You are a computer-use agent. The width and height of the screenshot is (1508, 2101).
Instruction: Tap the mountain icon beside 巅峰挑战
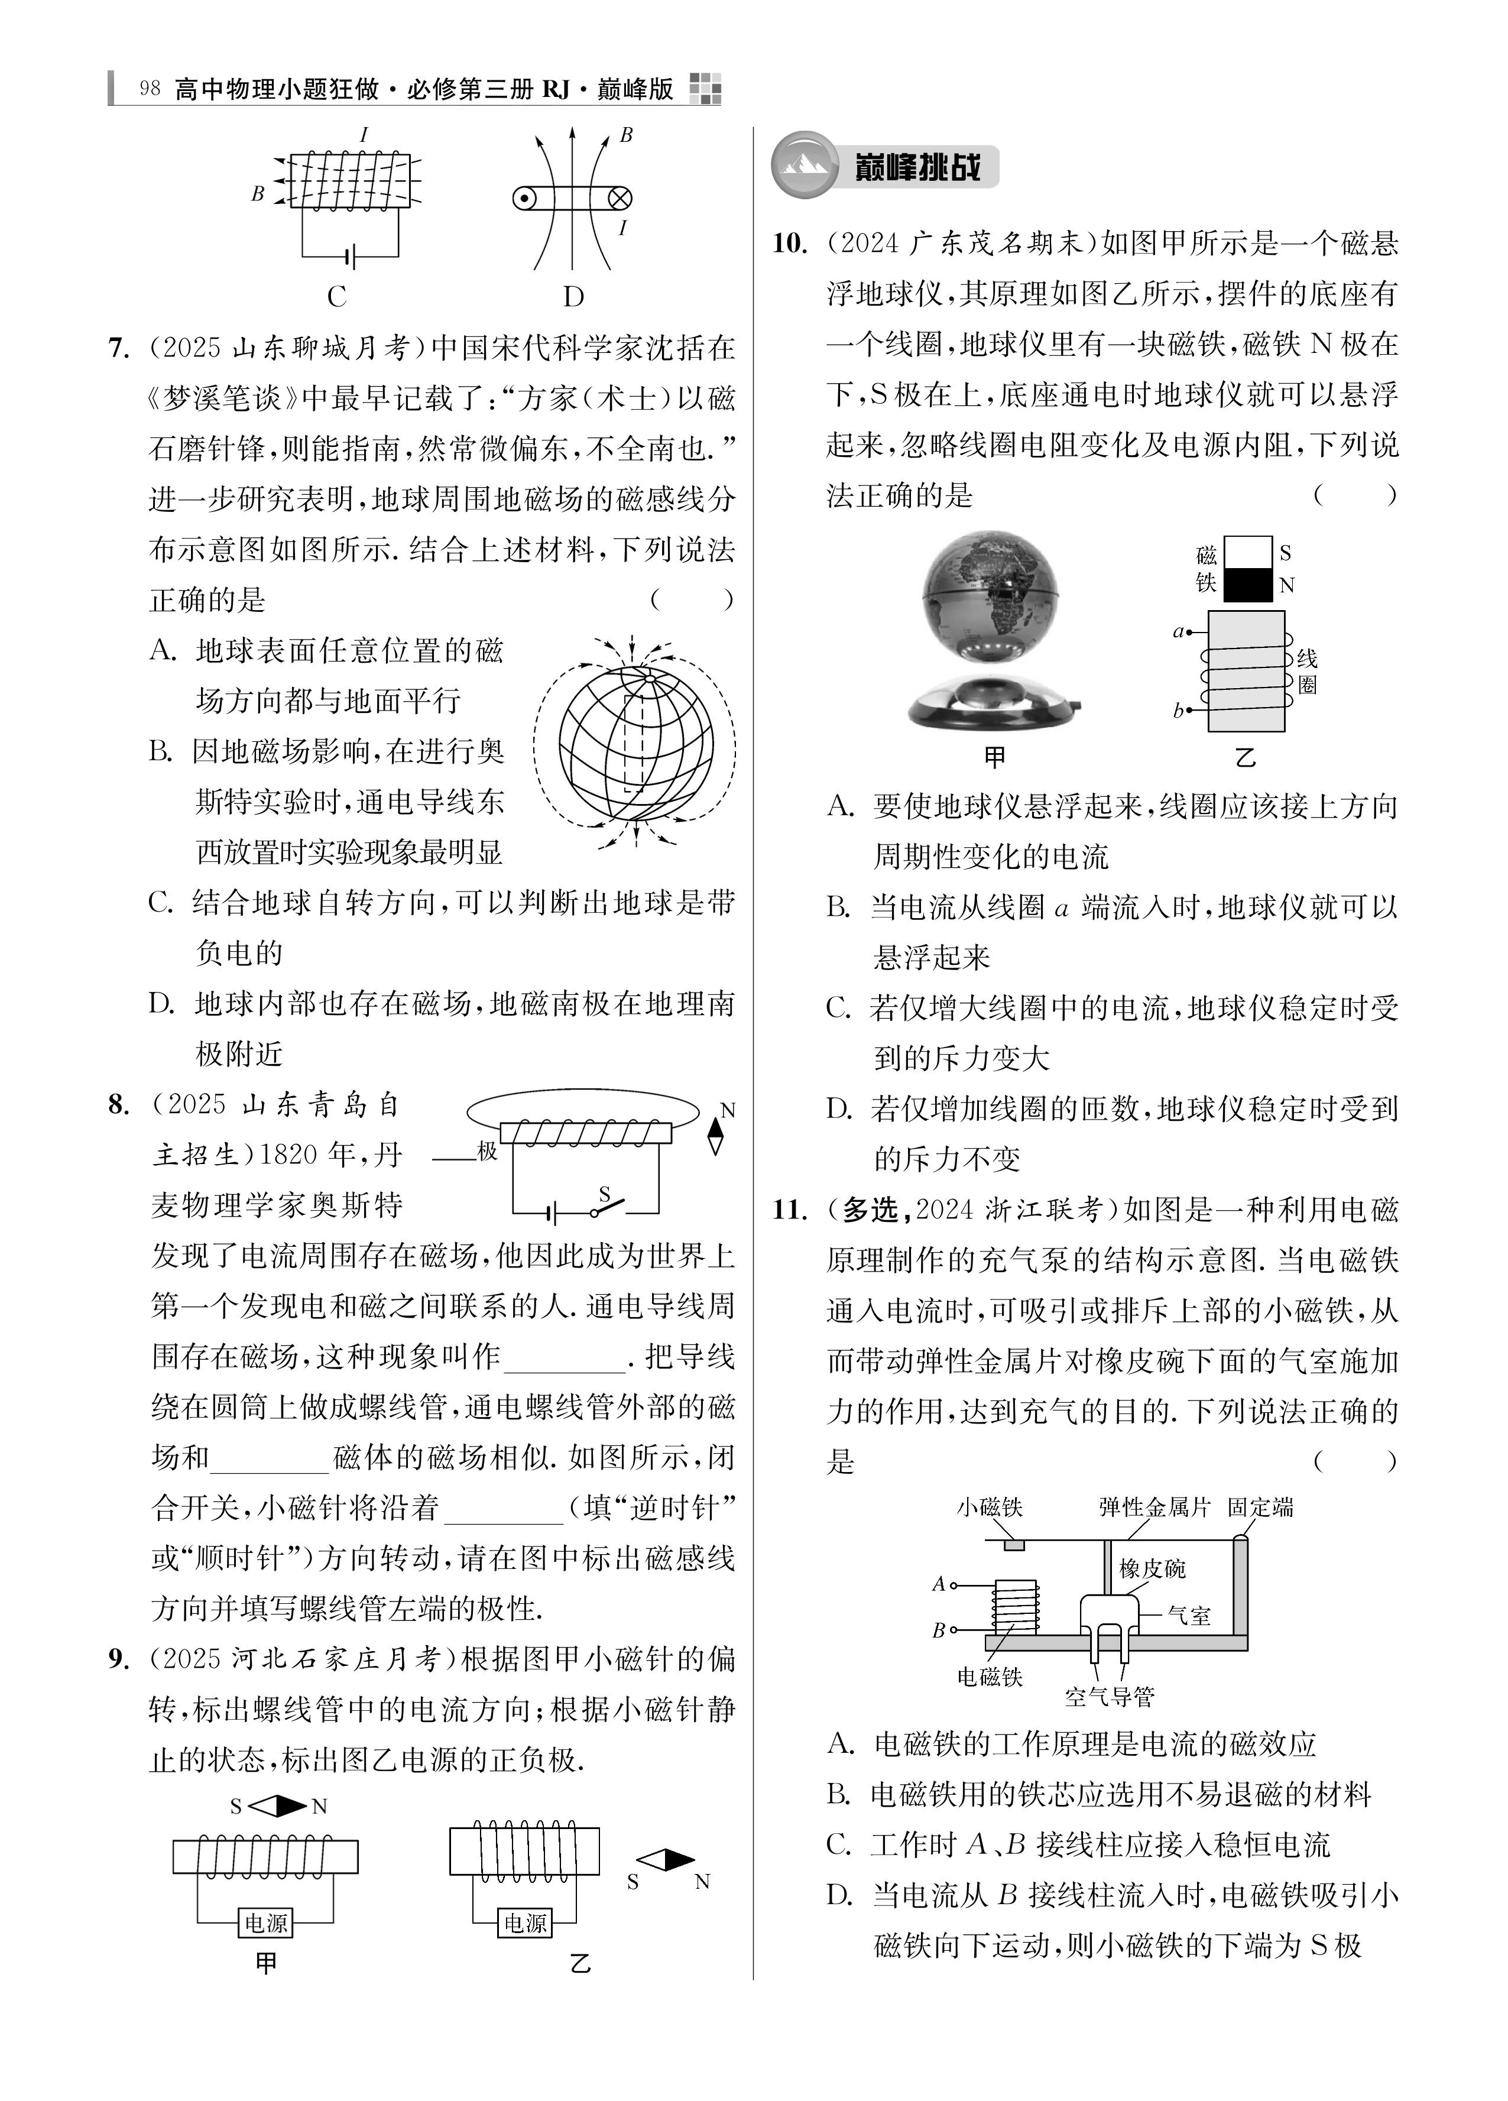tap(804, 166)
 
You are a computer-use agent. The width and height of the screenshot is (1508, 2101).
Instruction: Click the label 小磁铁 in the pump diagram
tap(990, 1508)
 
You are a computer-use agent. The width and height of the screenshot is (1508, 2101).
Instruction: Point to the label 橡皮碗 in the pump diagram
tap(1152, 1568)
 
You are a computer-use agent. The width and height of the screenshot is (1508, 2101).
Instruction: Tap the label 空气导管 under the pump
tap(1110, 1697)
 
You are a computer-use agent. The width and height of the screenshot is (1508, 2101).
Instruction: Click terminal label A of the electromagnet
tap(938, 1585)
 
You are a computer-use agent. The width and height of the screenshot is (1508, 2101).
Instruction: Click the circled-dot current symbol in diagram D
tap(524, 198)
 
